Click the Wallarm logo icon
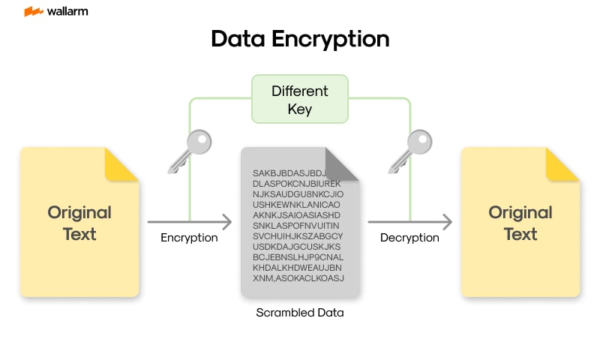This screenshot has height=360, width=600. point(33,12)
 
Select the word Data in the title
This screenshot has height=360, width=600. point(238,39)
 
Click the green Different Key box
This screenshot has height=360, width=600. point(299,100)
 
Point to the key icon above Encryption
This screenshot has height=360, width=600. point(190,149)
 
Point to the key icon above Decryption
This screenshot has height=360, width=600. point(410,149)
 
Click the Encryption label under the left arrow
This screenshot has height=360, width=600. point(189,238)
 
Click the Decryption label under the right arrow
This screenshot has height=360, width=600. point(409,238)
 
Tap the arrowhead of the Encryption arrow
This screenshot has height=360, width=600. point(226,222)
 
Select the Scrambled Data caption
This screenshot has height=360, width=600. point(299,313)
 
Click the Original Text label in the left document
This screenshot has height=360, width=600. point(79,223)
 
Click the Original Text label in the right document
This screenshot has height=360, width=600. point(520,223)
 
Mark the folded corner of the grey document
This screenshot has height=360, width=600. point(342,164)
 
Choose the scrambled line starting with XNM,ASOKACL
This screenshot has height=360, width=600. point(298,278)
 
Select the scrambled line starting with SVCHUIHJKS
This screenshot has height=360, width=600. point(298,236)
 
